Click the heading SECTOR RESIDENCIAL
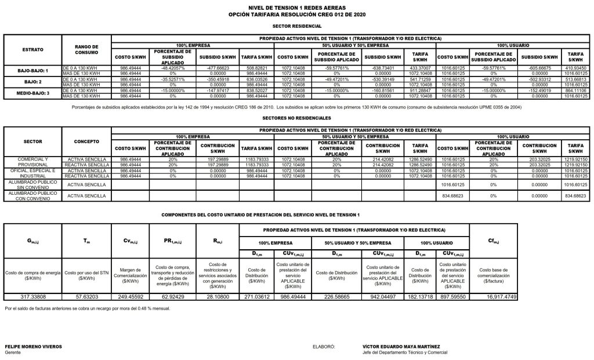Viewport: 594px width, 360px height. pos(296,27)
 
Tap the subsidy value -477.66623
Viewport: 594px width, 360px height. pos(217,67)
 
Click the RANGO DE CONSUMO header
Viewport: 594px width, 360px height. pos(86,49)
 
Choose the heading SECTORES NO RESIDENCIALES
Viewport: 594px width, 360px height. pos(296,116)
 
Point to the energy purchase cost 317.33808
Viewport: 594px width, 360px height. pos(32,296)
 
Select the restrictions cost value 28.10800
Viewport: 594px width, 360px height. pos(218,296)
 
